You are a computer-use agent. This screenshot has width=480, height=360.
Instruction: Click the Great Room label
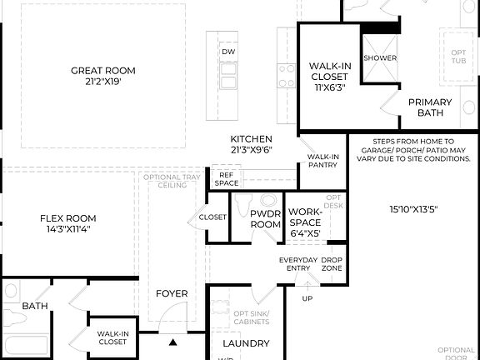(x=103, y=76)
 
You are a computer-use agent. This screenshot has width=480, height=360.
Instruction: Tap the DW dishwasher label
(x=227, y=52)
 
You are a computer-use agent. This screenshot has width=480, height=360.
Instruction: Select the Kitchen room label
(x=252, y=144)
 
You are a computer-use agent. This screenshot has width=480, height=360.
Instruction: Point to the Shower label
(x=379, y=58)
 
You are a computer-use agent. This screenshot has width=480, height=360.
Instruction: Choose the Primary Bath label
(x=430, y=107)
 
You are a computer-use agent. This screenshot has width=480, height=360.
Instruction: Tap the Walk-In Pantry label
(x=322, y=160)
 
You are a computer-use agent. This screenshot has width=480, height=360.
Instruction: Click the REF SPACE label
(x=226, y=179)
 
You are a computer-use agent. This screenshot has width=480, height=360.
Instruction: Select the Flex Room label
(x=69, y=223)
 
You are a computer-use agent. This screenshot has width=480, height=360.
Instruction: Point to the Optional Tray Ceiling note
(x=172, y=181)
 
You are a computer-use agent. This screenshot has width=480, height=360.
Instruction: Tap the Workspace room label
(x=304, y=222)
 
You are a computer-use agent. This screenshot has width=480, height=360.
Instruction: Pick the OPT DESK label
(x=333, y=201)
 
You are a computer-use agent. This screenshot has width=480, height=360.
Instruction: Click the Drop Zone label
(x=332, y=263)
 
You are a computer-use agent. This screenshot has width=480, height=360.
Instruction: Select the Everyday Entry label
(x=297, y=263)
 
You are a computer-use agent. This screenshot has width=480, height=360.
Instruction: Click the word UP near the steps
(x=307, y=297)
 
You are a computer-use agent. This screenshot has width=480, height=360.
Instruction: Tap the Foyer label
(x=172, y=293)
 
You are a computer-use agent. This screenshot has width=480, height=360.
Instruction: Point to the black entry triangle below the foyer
(x=173, y=342)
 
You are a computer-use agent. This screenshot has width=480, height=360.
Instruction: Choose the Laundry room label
(x=246, y=343)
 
